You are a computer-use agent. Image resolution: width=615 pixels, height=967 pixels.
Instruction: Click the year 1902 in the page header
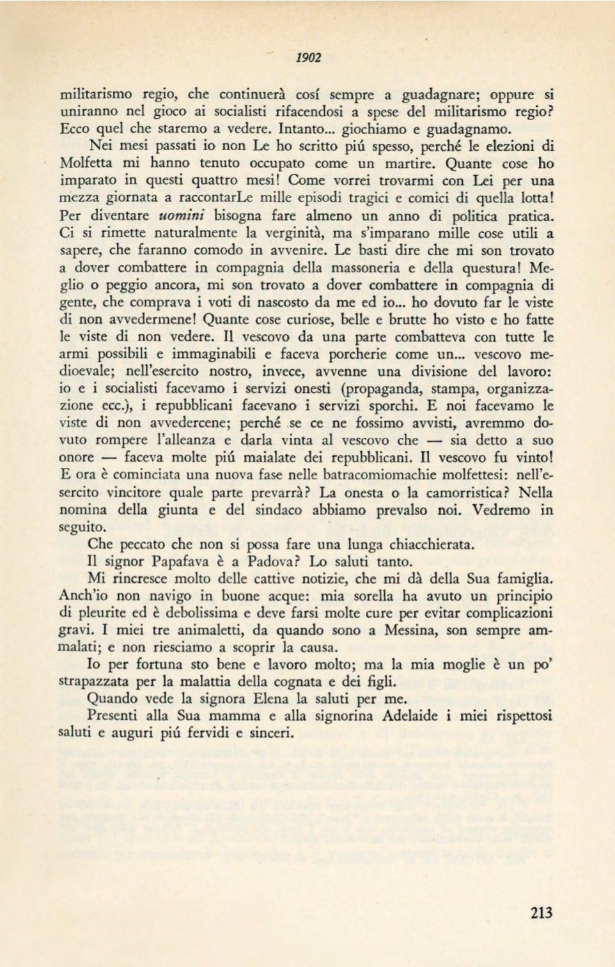point(309,58)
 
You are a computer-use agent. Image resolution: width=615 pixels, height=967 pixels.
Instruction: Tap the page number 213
point(541,912)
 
